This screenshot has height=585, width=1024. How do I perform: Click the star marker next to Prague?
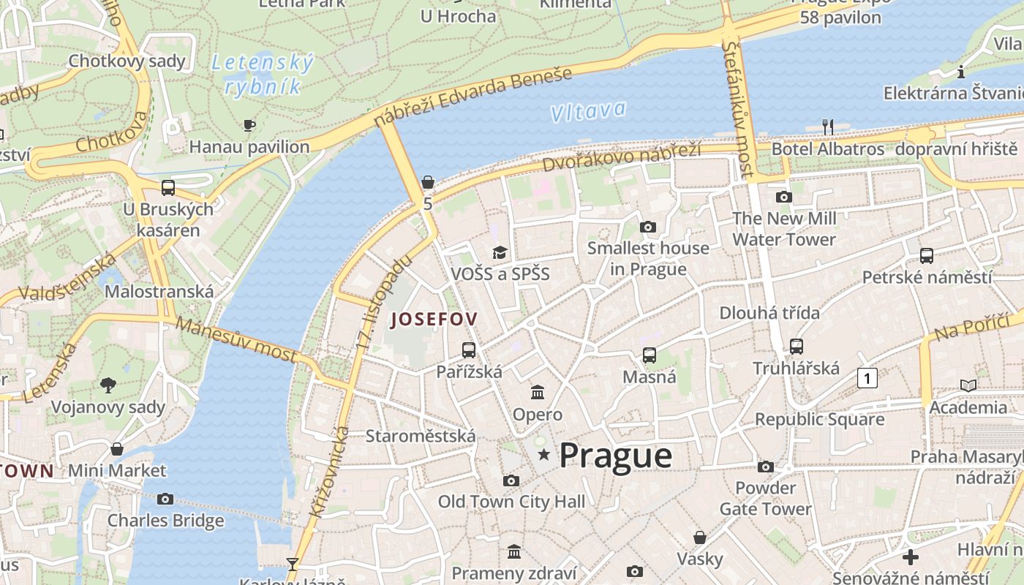click(x=543, y=456)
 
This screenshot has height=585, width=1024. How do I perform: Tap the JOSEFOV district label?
click(x=434, y=320)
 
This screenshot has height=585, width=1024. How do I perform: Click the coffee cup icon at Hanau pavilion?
click(x=249, y=125)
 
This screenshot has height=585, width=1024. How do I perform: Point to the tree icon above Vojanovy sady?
click(x=108, y=385)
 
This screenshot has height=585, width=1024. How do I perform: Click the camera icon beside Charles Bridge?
click(x=165, y=499)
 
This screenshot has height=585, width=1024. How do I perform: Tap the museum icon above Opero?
click(x=538, y=393)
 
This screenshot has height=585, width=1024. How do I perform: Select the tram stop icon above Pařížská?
click(x=469, y=350)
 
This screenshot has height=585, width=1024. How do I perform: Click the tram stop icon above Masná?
click(x=649, y=355)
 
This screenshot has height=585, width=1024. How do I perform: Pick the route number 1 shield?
click(x=867, y=378)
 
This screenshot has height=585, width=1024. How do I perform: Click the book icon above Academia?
click(x=968, y=385)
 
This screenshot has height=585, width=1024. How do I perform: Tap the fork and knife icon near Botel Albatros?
click(x=828, y=127)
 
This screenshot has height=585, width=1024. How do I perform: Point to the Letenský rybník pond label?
click(x=263, y=75)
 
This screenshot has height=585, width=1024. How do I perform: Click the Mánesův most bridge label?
click(x=236, y=340)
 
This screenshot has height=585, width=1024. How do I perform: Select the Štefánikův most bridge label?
click(x=737, y=109)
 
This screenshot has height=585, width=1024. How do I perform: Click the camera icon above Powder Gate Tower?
click(x=765, y=467)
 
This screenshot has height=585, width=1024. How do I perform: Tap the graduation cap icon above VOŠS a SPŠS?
click(x=500, y=252)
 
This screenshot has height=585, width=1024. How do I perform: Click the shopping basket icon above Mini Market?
click(x=117, y=448)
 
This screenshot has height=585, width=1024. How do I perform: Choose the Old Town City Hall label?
click(x=511, y=502)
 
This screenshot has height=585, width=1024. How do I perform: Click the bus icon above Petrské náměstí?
click(x=927, y=256)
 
